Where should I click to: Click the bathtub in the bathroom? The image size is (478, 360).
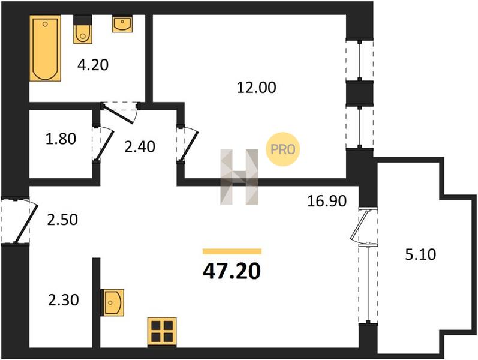coord(45,48)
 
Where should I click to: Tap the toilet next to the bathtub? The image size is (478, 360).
coord(83,29)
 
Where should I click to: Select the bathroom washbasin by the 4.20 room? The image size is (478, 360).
coord(122,23)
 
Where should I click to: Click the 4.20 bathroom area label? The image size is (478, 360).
coord(93,65)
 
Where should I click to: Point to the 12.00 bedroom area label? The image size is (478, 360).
coord(257,88)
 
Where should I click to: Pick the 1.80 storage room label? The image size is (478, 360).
coord(61,139)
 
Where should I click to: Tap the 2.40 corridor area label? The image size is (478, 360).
coord(140,147)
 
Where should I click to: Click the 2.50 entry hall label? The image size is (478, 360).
coord(62,220)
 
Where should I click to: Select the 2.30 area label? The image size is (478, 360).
coord(64,300)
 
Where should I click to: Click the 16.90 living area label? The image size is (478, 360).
coord(327,202)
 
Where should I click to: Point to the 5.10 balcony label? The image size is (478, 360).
coord(420,254)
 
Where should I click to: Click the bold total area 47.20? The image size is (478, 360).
coord(232,272)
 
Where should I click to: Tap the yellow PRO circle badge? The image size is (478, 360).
coord(283,149)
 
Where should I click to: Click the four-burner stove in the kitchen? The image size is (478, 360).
coord(162,332)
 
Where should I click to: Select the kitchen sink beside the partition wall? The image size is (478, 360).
coord(112,302)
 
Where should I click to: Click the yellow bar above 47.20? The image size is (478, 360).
coord(232,251)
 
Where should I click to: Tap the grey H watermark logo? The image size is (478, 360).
coord(239,177)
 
